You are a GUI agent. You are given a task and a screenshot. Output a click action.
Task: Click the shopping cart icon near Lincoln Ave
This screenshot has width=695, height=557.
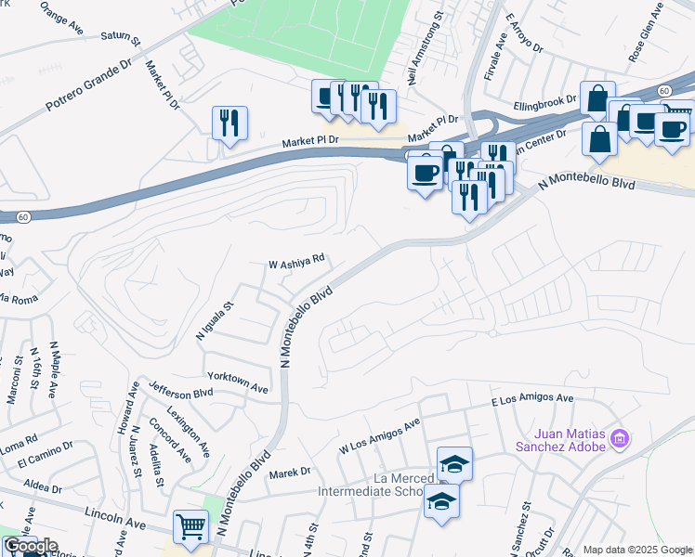pyautogui.click(x=190, y=526)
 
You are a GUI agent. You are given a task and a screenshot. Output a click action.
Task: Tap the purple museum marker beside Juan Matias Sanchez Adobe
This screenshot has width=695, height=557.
pyautogui.click(x=622, y=437)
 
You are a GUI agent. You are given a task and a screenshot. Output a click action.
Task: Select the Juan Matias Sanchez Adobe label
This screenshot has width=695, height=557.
pyautogui.click(x=570, y=439)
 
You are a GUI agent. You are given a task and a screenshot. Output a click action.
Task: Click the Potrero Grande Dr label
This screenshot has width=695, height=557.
pyautogui.click(x=89, y=88)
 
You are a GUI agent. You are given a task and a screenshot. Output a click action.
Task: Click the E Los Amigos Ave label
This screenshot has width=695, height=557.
pyautogui.click(x=532, y=400)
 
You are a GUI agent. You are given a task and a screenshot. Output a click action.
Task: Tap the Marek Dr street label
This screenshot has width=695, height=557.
pyautogui.click(x=289, y=473)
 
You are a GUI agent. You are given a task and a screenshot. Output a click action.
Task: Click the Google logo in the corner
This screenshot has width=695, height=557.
pyautogui.click(x=30, y=546)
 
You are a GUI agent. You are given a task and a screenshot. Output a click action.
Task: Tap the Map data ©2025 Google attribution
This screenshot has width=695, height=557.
pyautogui.click(x=637, y=550)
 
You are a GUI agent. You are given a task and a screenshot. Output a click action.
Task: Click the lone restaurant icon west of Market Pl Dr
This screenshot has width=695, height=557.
pyautogui.click(x=229, y=123)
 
